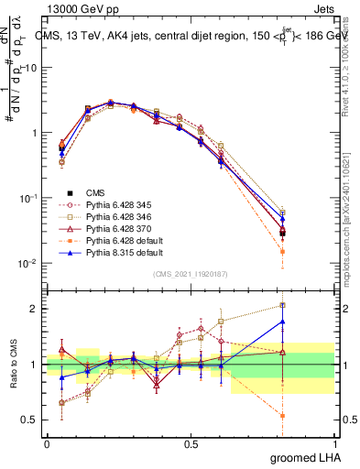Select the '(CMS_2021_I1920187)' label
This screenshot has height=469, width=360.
point(191,274)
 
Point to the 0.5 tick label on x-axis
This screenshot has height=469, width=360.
point(191,443)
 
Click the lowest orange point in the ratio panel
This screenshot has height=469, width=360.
point(283,415)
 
